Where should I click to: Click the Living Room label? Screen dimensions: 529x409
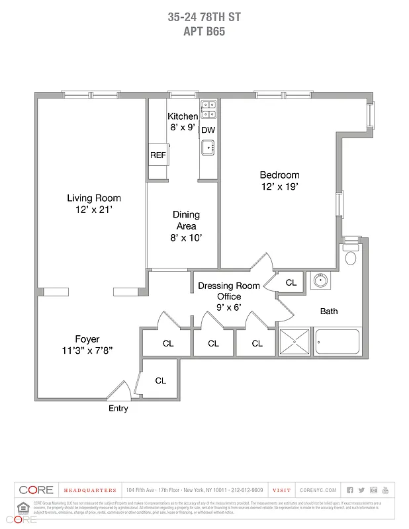coord(93,198)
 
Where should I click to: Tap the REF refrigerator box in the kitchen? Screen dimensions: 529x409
coord(158,155)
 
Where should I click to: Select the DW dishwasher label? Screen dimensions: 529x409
coord(208,130)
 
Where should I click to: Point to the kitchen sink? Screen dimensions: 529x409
coord(208,147)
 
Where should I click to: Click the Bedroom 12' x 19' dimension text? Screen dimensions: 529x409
coord(279,187)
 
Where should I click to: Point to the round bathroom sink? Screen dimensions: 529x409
coord(320,281)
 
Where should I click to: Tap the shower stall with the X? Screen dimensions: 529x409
coord(294,343)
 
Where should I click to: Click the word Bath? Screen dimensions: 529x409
coord(329,311)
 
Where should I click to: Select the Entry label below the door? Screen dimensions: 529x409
coord(118,409)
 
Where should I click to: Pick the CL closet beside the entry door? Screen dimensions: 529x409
coord(160,381)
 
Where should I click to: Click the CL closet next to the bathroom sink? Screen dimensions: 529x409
coord(291,282)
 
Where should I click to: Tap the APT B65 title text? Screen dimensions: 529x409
coord(204,30)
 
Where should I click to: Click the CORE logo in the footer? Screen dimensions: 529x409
coord(36,490)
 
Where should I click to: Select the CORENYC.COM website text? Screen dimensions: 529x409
coord(318,490)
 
